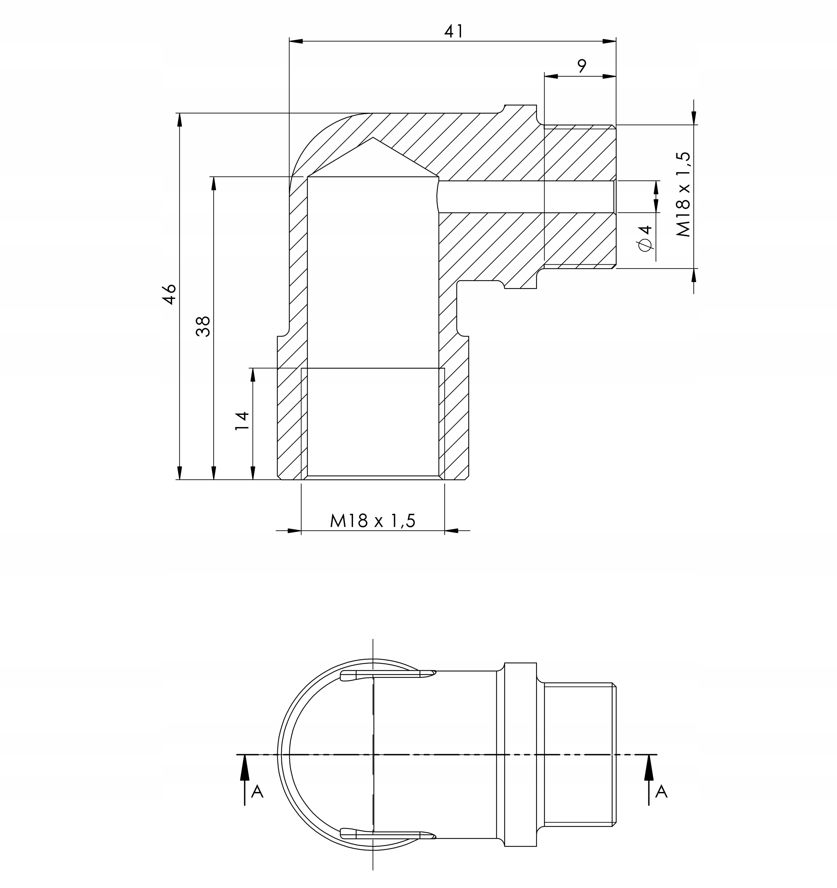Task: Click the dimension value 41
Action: [454, 31]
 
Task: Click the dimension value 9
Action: [581, 66]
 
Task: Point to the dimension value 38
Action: [203, 326]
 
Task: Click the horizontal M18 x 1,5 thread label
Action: [373, 521]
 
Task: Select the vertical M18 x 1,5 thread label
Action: [683, 194]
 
